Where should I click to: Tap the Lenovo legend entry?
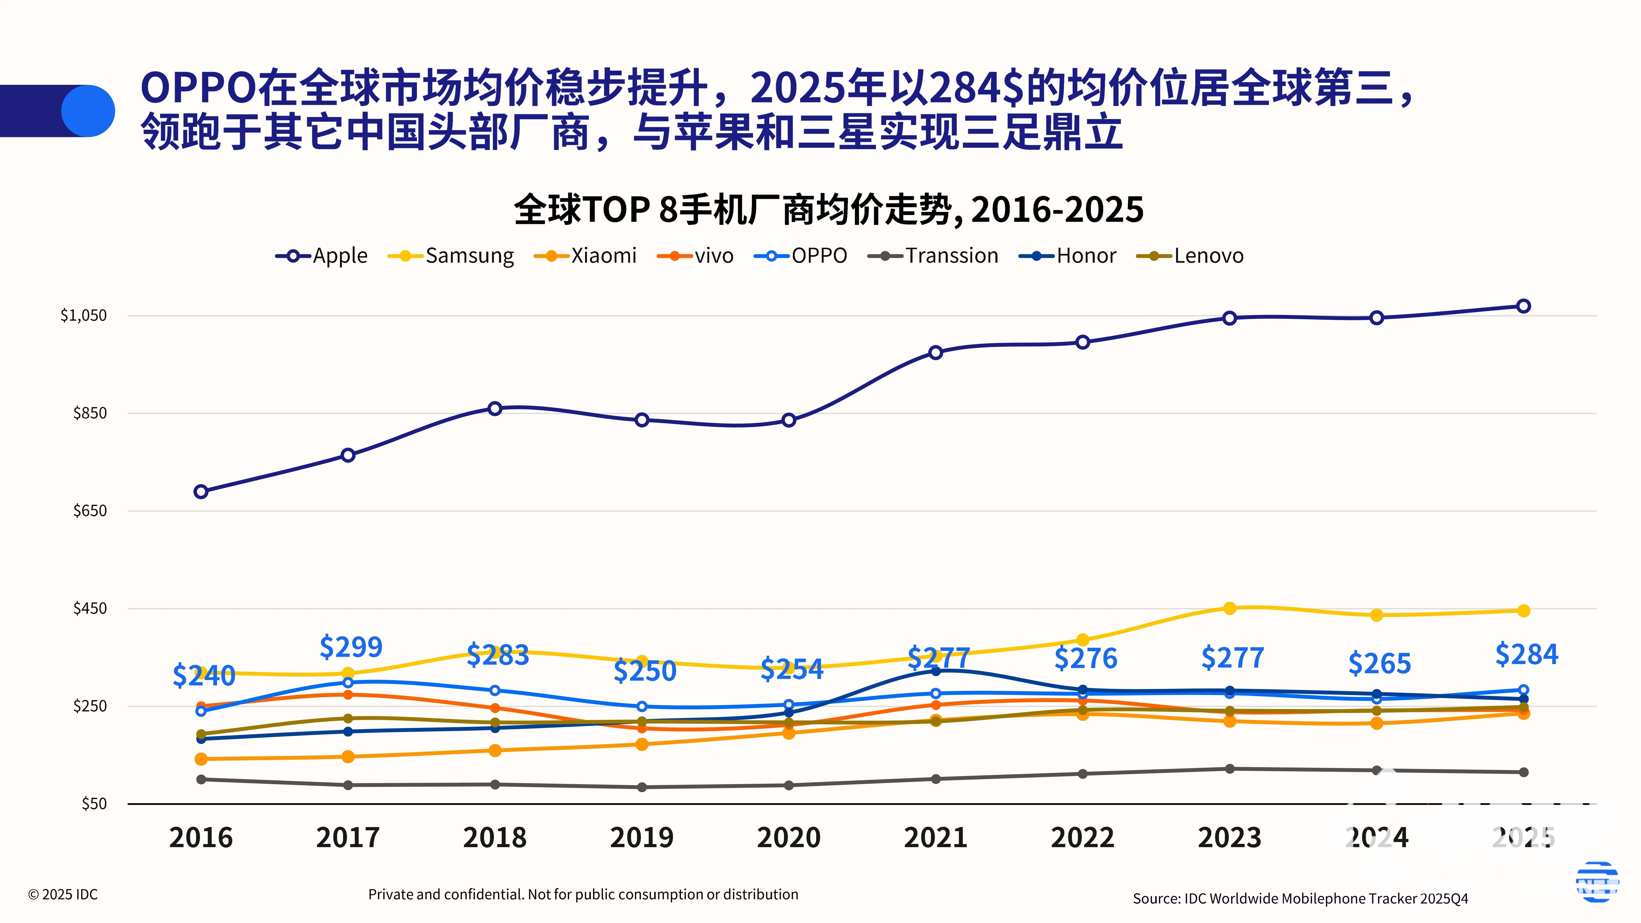tap(1190, 256)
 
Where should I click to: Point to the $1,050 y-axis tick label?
tap(84, 315)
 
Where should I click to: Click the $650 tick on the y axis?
tap(90, 510)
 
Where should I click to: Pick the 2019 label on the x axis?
tap(641, 838)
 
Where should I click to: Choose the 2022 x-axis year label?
tap(1082, 838)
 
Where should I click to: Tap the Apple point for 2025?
tap(1523, 306)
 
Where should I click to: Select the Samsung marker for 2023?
tap(1229, 608)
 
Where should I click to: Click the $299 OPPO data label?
tap(351, 647)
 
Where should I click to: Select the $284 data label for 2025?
tap(1526, 654)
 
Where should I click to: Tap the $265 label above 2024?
tap(1379, 664)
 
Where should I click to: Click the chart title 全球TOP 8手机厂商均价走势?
tap(828, 210)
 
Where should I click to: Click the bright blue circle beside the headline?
tap(88, 111)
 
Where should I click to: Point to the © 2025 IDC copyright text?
tap(63, 894)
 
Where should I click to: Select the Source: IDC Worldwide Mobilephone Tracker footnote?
tap(1300, 898)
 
